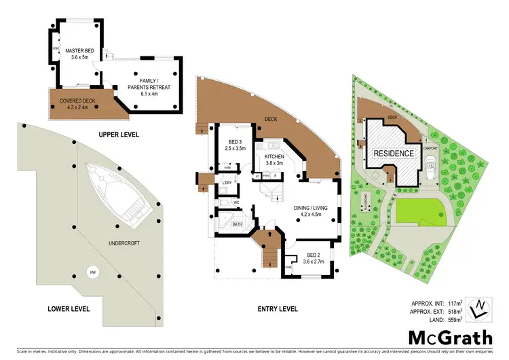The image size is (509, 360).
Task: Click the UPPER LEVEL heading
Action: coord(119,134)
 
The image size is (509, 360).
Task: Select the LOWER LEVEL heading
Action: coord(69,308)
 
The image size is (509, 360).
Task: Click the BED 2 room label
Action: coord(313,258)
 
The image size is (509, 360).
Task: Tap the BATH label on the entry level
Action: coord(237,223)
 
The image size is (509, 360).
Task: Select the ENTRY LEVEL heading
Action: coord(278,308)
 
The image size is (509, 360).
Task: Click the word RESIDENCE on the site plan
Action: coord(394,154)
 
